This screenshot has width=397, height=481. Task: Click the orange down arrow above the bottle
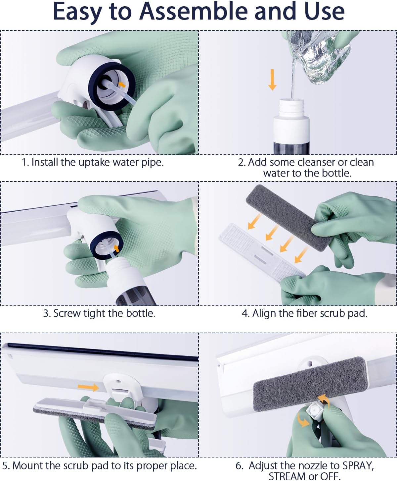click(x=272, y=80)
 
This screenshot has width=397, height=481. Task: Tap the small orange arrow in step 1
click(x=122, y=84)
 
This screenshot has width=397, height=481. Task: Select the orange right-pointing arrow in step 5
click(x=88, y=387)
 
